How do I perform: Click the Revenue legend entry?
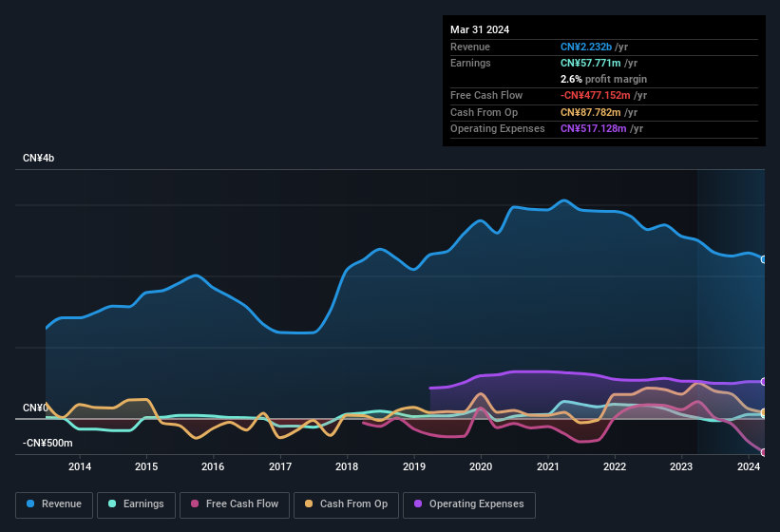(54, 503)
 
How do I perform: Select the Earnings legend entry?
(136, 503)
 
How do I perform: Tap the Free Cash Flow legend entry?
(235, 503)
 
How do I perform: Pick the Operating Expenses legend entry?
(468, 503)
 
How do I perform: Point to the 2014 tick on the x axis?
(80, 466)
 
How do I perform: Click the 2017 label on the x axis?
(280, 466)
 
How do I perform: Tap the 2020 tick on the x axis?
(481, 466)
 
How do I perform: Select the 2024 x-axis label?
(748, 466)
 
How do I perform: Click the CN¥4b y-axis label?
(39, 158)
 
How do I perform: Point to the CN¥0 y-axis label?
(34, 408)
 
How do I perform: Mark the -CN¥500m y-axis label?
(47, 444)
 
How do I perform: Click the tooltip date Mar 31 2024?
(480, 29)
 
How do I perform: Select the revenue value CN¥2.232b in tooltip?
(586, 47)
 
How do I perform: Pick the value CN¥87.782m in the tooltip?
(591, 112)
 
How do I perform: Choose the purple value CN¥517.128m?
(594, 128)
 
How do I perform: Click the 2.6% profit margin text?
(603, 79)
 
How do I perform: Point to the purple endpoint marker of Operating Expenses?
(764, 381)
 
